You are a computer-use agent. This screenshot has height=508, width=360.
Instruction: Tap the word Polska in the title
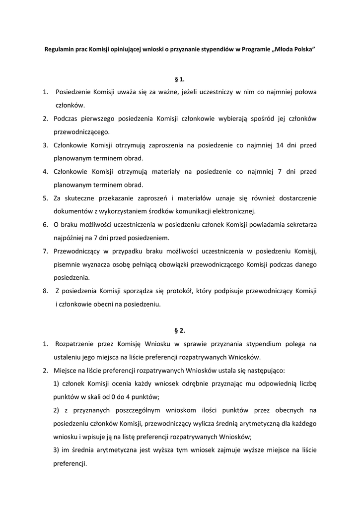304,51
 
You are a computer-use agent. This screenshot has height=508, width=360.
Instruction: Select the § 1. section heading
180,79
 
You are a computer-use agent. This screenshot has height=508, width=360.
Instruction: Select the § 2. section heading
180,330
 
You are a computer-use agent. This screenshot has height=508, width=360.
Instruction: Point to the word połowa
304,92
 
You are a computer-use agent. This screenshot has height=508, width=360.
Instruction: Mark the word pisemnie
68,264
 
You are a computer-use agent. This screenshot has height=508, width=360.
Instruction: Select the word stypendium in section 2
265,343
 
